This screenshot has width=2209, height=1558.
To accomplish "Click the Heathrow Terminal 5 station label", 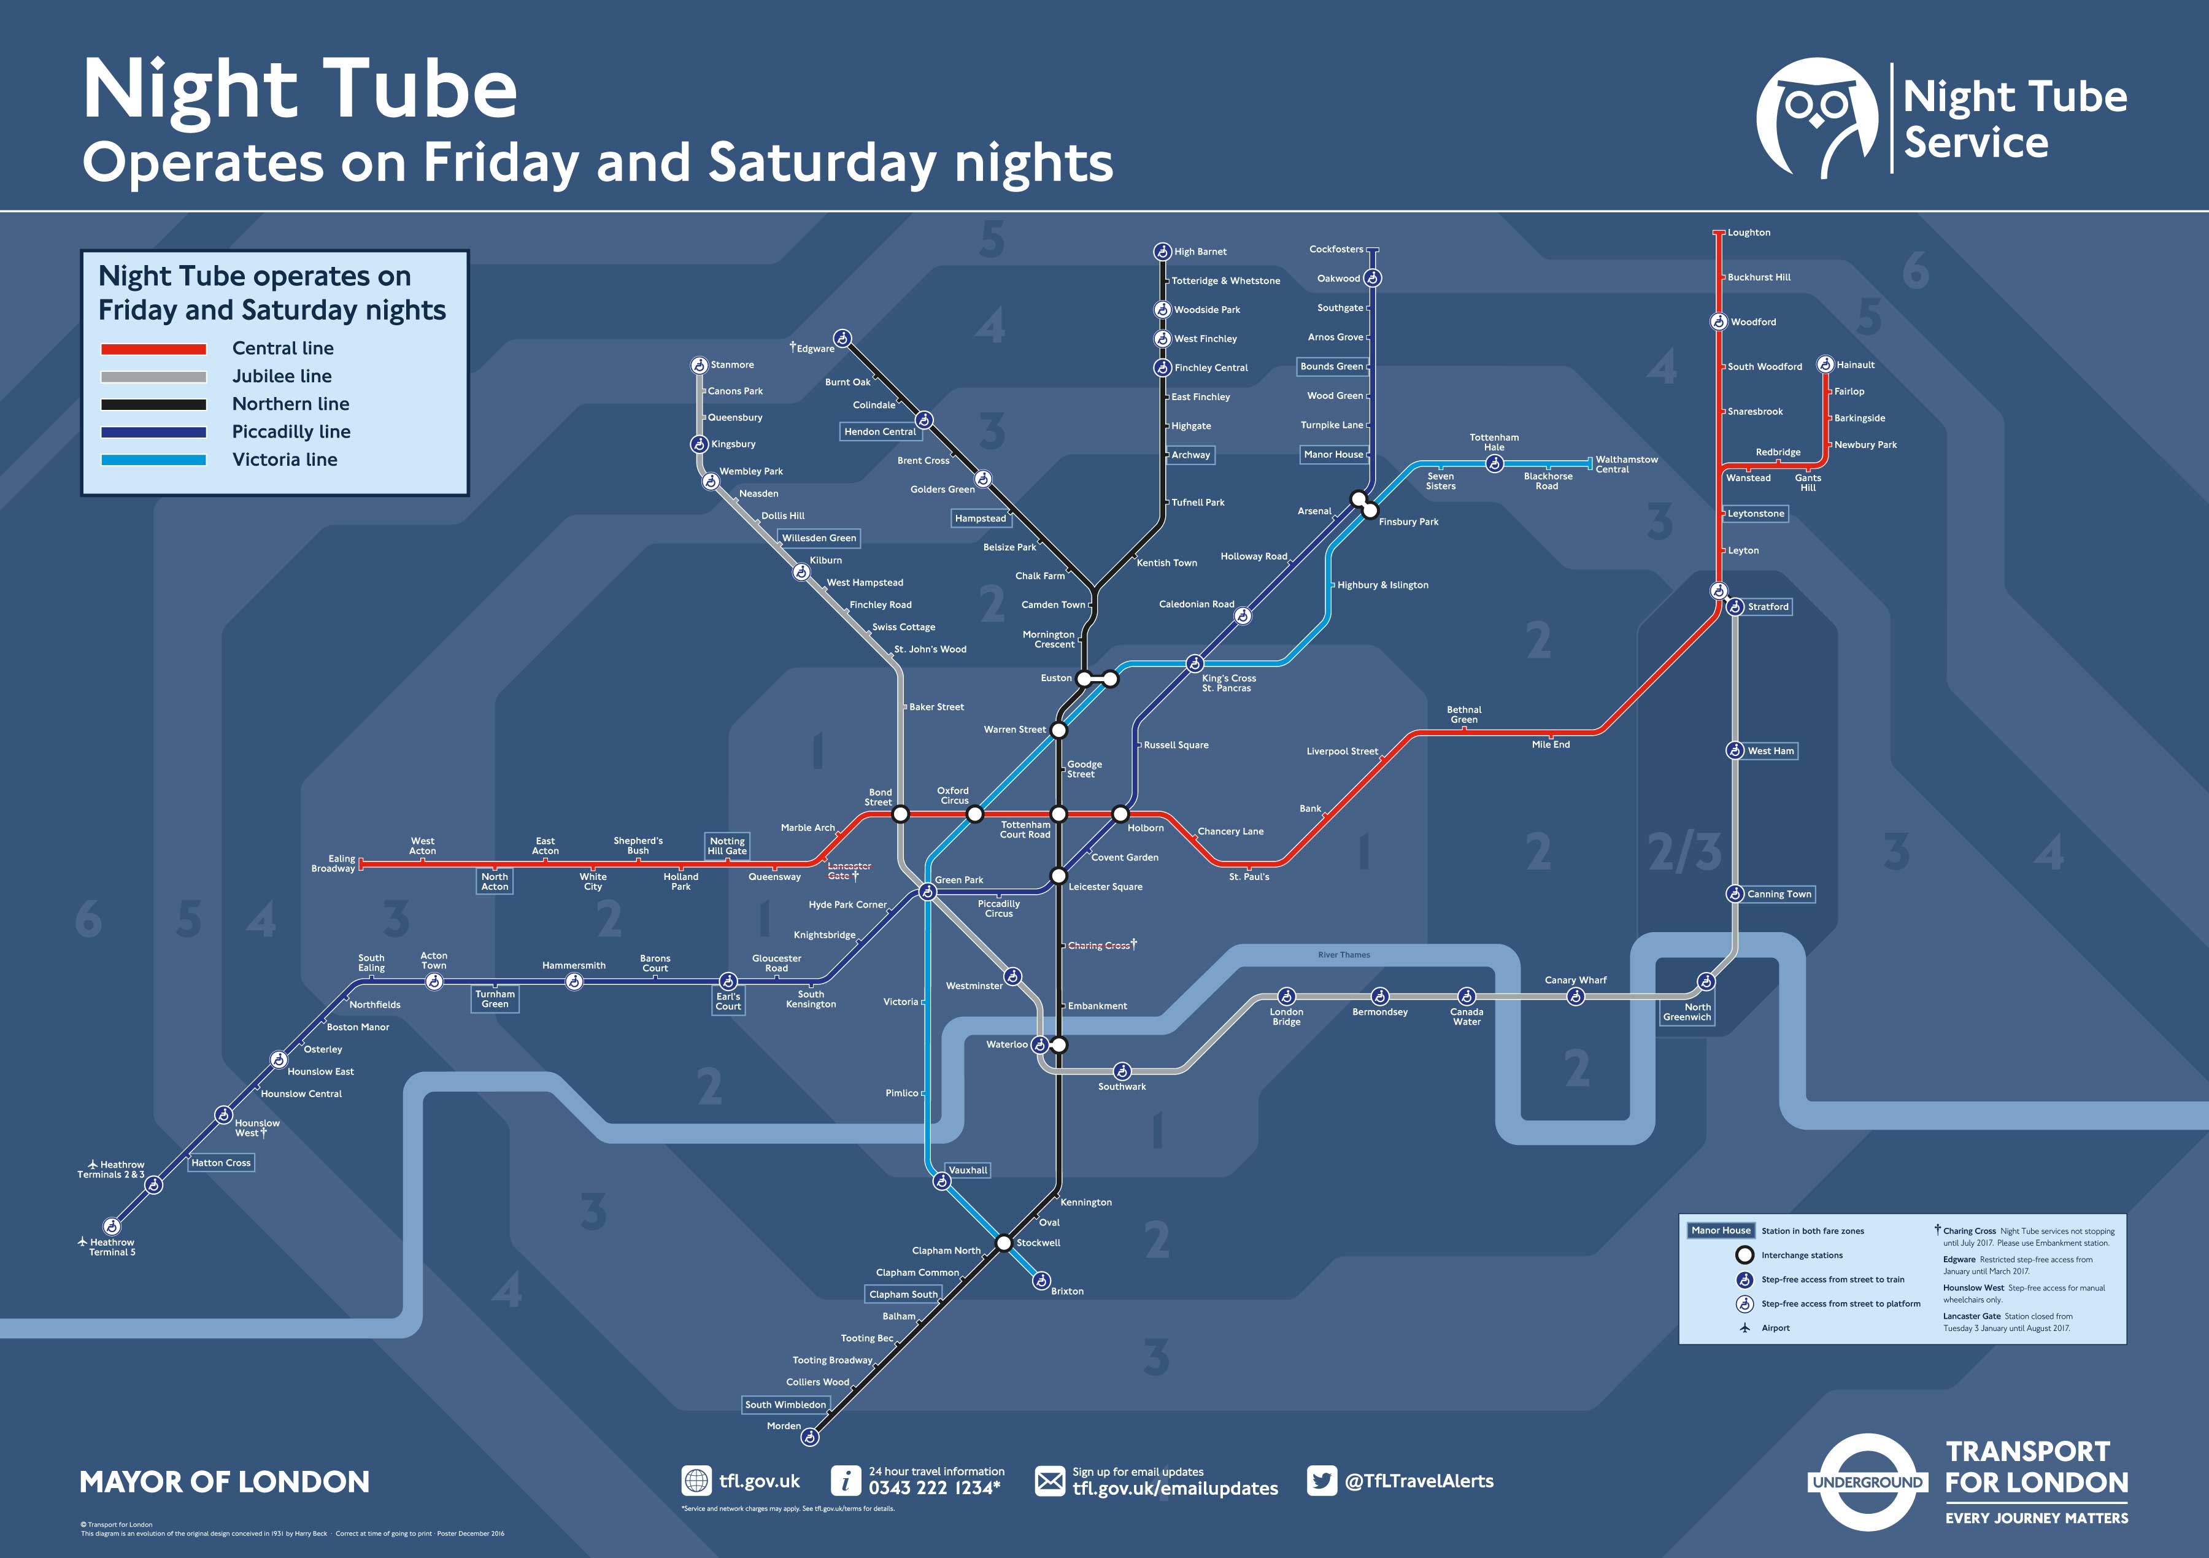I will pyautogui.click(x=112, y=1247).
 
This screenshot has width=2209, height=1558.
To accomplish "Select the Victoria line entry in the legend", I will pyautogui.click(x=284, y=459).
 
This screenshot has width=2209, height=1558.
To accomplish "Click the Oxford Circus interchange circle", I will pyautogui.click(x=974, y=814).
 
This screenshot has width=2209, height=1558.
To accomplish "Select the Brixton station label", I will pyautogui.click(x=1067, y=1292).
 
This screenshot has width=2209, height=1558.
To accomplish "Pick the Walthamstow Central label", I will pyautogui.click(x=1626, y=464).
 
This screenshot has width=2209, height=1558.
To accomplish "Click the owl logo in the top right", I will pyautogui.click(x=1816, y=118).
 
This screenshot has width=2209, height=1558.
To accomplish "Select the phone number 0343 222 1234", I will pyautogui.click(x=934, y=1488).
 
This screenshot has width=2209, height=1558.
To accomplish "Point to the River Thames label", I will pyautogui.click(x=1343, y=955).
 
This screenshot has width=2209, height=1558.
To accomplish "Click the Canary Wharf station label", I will pyautogui.click(x=1575, y=979).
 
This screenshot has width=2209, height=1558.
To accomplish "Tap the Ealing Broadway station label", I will pyautogui.click(x=333, y=863).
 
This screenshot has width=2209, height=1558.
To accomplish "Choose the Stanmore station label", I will pyautogui.click(x=732, y=364).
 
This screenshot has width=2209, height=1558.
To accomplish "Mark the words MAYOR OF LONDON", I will pyautogui.click(x=224, y=1482).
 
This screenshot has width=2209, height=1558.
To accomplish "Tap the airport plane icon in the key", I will pyautogui.click(x=1744, y=1328).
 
